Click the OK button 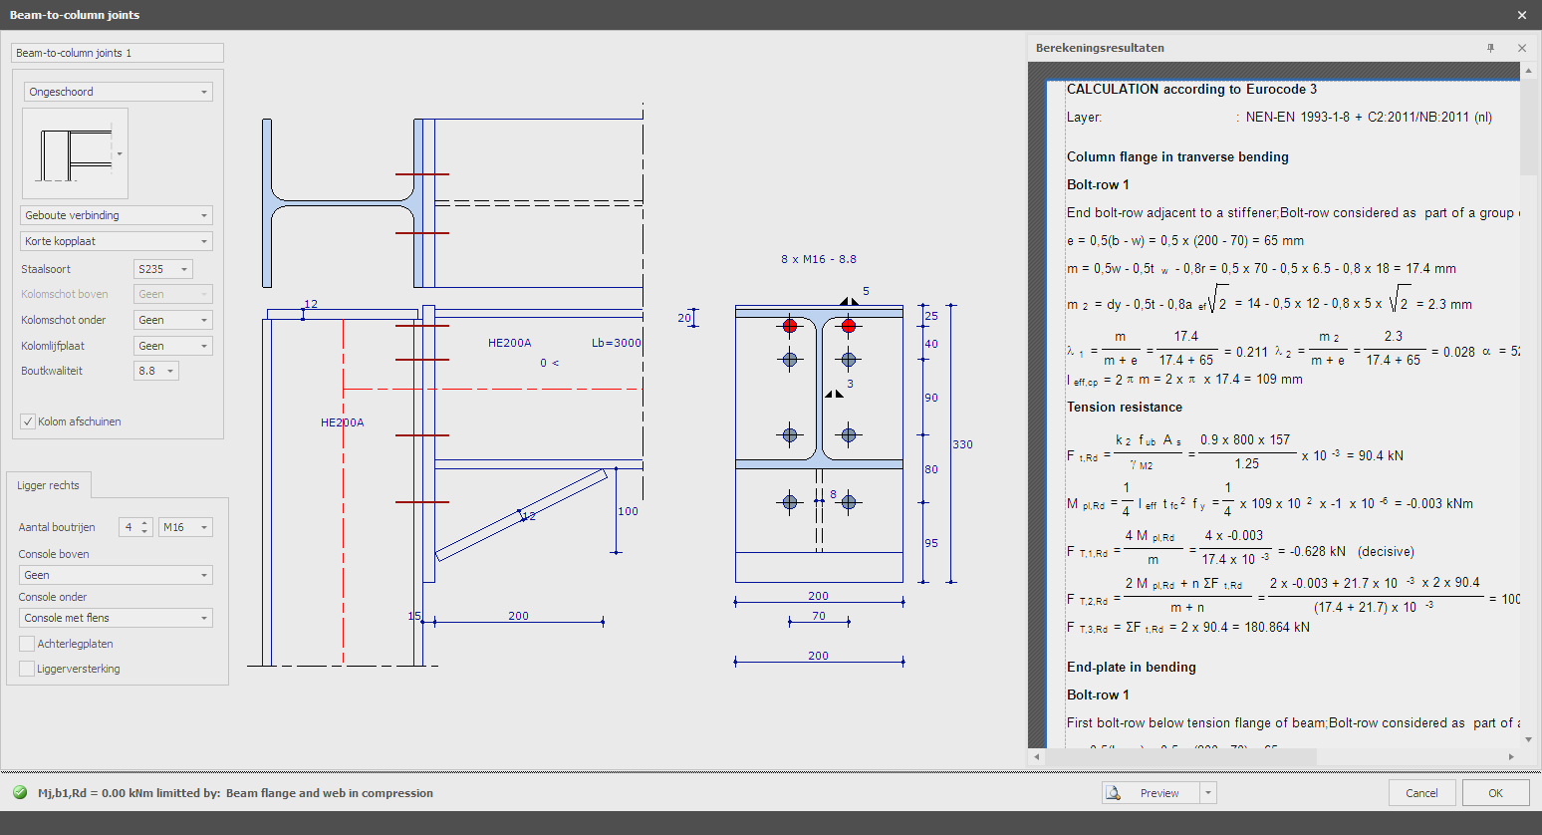(x=1495, y=793)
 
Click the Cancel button (x=1421, y=793)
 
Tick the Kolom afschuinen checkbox (x=29, y=421)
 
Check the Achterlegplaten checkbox (x=27, y=644)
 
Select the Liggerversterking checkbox (x=27, y=669)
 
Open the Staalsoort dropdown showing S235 (x=162, y=269)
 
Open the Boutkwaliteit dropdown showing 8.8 (x=155, y=371)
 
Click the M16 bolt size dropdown (x=185, y=527)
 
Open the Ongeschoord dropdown (x=118, y=92)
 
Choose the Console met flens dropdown (x=116, y=618)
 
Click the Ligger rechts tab (x=48, y=485)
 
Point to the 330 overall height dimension (x=962, y=444)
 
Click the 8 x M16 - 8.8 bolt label (x=819, y=259)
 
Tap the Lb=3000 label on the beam (x=616, y=343)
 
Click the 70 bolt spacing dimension (x=819, y=616)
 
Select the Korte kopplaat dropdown (x=117, y=241)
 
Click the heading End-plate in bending (x=1131, y=668)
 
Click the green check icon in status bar (x=20, y=793)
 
